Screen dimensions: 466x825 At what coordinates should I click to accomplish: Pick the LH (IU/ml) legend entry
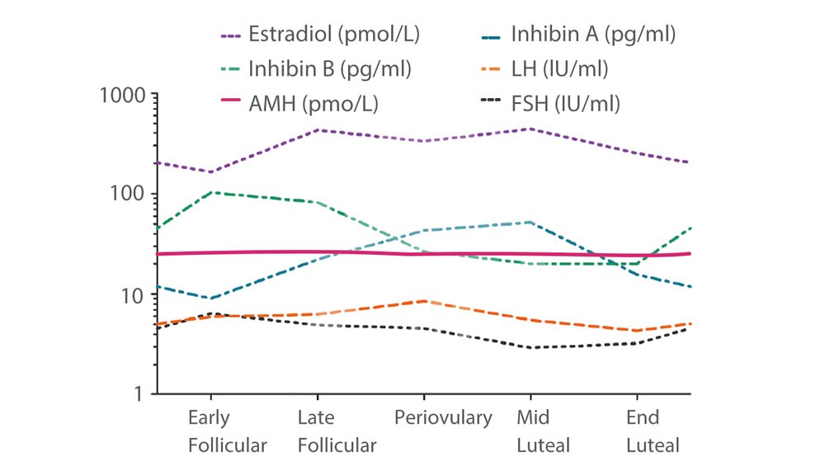pyautogui.click(x=561, y=69)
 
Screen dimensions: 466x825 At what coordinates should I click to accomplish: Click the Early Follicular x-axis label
pyautogui.click(x=228, y=431)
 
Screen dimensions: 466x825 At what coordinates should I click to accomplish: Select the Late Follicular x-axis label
pyautogui.click(x=337, y=431)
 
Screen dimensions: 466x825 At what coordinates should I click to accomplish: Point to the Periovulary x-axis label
pyautogui.click(x=444, y=418)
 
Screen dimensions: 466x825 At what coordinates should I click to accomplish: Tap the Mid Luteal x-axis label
pyautogui.click(x=543, y=431)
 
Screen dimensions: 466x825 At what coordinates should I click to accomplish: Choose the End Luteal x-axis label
pyautogui.click(x=653, y=431)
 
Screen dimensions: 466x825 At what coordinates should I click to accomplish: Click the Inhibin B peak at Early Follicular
pyautogui.click(x=212, y=192)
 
